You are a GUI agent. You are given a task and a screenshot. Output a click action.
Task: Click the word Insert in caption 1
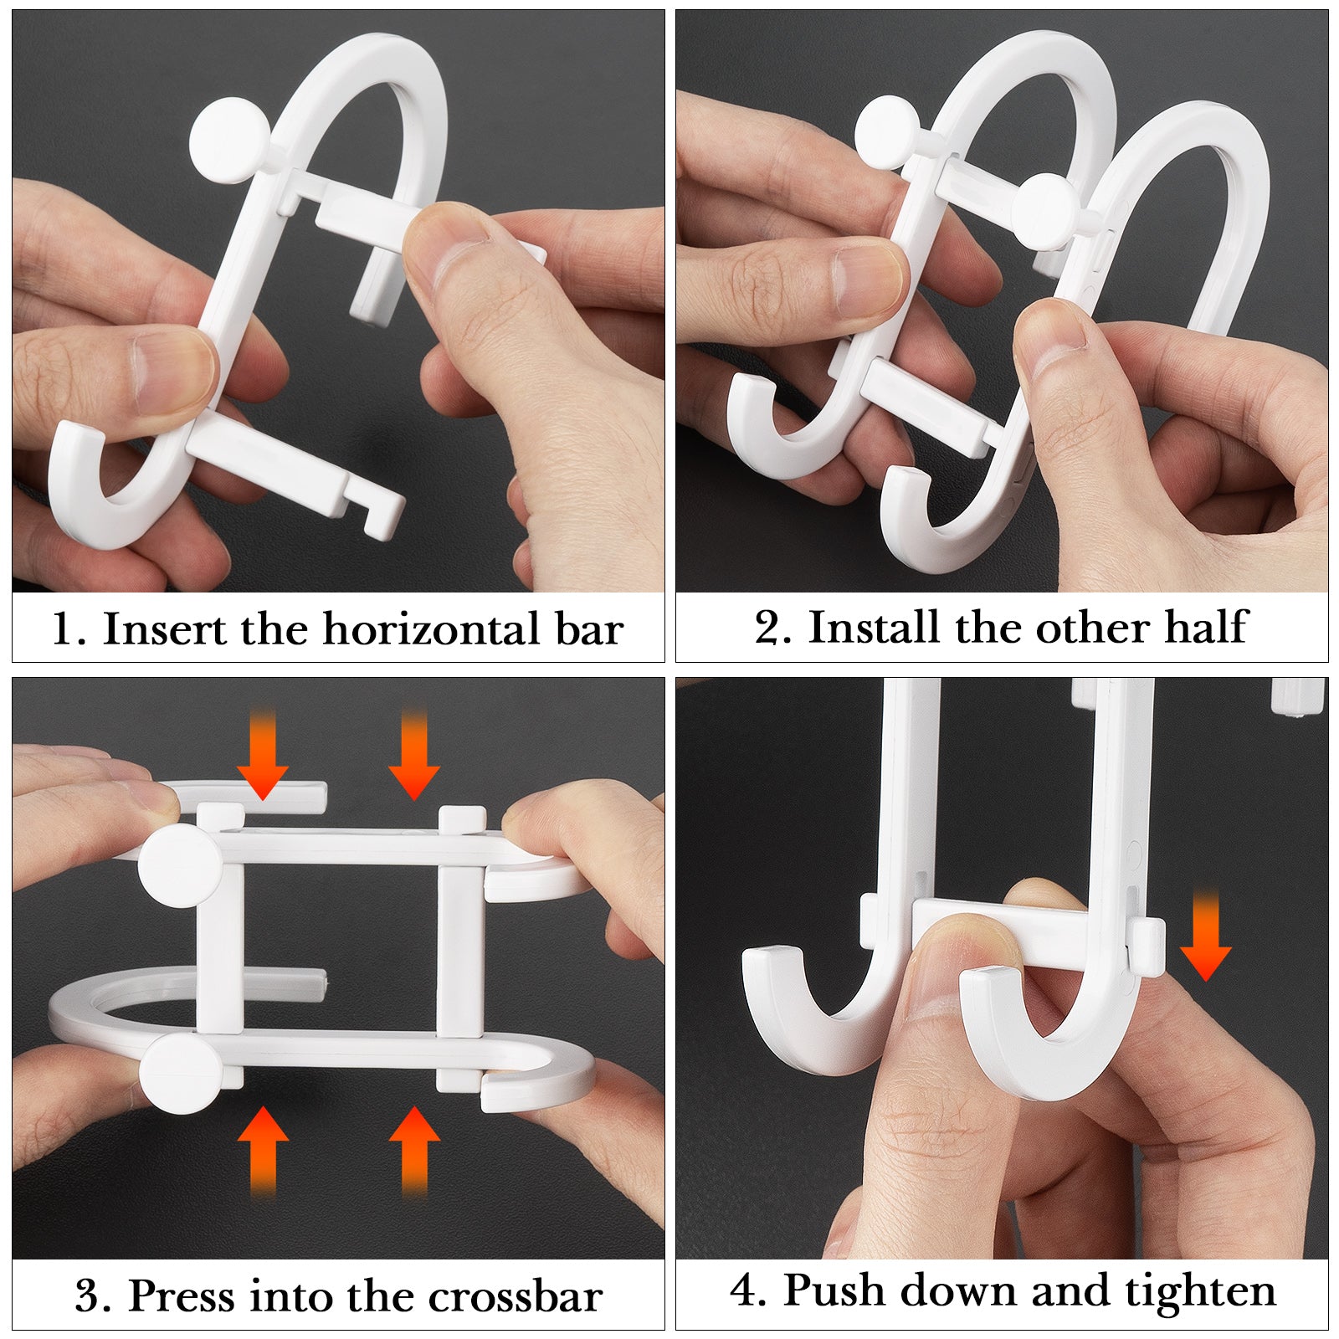coord(165,629)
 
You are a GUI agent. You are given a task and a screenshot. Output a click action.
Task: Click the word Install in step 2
coord(874,627)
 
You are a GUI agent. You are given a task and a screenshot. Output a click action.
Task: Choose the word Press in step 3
coord(181,1296)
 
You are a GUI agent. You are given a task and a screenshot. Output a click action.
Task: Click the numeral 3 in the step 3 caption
coord(88,1297)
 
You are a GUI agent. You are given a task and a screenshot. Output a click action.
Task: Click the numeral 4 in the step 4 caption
coord(744,1290)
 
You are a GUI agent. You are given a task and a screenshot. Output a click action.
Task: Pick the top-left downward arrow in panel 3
coord(263,754)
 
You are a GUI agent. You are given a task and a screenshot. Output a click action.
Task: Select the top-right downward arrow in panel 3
coord(414,754)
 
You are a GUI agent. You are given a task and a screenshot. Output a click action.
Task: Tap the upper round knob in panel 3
coord(180,865)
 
